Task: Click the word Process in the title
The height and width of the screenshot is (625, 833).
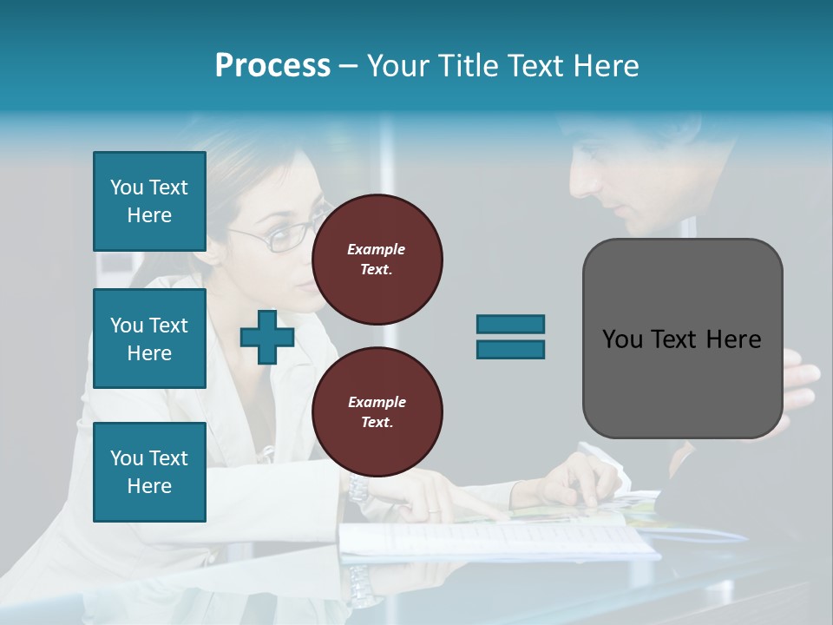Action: [x=272, y=66]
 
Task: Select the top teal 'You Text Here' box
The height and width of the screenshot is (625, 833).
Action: [x=149, y=201]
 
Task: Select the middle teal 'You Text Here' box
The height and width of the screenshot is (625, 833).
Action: [x=149, y=339]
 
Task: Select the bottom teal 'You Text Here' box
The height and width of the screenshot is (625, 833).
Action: [x=149, y=471]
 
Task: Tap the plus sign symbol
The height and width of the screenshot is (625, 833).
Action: [x=266, y=337]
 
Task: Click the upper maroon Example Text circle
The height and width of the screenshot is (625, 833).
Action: [x=377, y=260]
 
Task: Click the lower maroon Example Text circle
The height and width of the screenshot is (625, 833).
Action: [x=377, y=412]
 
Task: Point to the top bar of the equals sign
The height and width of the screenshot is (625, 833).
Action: [x=510, y=324]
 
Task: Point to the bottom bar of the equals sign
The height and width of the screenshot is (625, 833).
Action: [x=510, y=349]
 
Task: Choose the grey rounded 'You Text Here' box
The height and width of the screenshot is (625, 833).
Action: [x=682, y=339]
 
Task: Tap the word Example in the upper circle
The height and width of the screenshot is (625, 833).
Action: [x=377, y=249]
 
